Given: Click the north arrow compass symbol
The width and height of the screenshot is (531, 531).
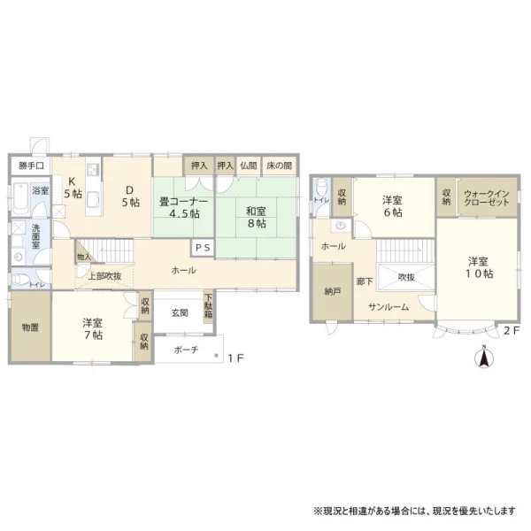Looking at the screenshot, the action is [484, 357].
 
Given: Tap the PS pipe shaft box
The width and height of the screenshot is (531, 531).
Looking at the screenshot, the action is [203, 248].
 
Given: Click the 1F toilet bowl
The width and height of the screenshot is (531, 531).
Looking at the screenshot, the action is [19, 280].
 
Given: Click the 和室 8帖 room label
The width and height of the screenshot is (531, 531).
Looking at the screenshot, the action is [256, 218].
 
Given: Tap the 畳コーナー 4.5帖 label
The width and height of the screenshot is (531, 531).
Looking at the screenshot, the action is [183, 208].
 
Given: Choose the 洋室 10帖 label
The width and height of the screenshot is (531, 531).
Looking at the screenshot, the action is [479, 267].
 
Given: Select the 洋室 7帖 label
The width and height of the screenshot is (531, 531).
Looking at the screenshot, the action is [92, 329].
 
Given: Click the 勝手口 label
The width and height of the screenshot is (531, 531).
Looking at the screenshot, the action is [31, 165].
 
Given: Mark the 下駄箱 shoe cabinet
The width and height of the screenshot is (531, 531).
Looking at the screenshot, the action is [208, 307].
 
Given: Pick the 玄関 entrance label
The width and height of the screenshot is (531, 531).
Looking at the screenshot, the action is [180, 313].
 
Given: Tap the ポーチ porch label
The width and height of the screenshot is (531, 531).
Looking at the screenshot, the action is [186, 350].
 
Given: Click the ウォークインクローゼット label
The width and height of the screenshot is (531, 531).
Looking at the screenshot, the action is [487, 197].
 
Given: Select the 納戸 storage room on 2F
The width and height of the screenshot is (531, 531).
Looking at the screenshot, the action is [332, 291].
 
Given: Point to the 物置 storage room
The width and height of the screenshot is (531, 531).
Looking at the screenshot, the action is [30, 327].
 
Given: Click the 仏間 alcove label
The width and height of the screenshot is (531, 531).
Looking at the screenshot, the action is [248, 165].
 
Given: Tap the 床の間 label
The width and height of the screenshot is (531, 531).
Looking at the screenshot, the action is [279, 165].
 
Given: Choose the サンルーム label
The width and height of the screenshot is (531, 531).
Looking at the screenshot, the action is [389, 307].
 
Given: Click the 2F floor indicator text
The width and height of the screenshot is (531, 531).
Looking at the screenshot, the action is [512, 330].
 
